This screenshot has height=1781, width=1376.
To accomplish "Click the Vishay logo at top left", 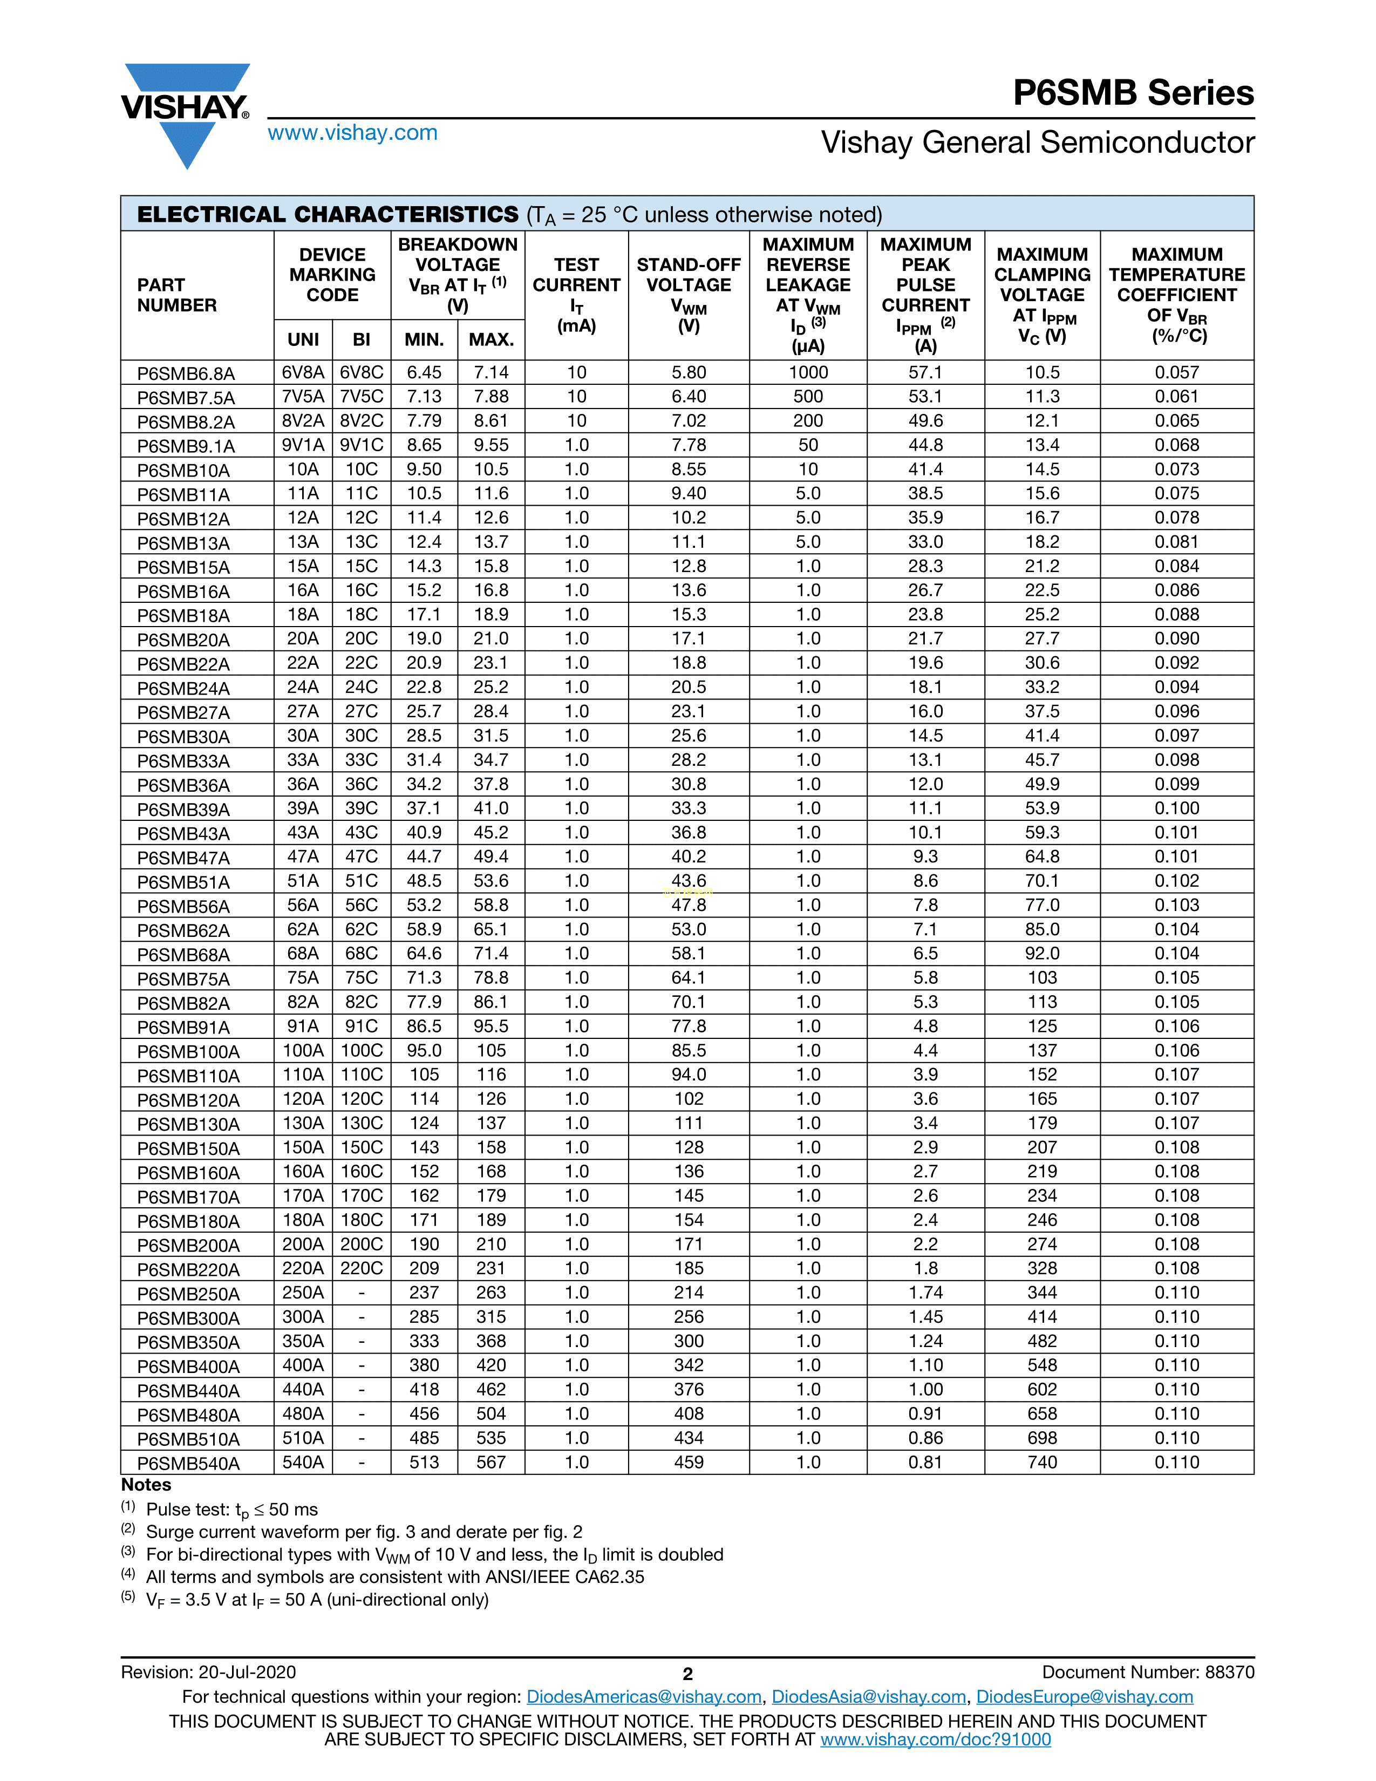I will pyautogui.click(x=186, y=114).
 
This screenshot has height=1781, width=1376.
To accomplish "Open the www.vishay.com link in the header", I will pyautogui.click(x=352, y=133).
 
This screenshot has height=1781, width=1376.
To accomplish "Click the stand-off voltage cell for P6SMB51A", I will pyautogui.click(x=689, y=881).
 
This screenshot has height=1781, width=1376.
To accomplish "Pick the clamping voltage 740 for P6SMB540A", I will pyautogui.click(x=1042, y=1462).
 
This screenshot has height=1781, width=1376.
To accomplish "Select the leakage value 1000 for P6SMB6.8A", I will pyautogui.click(x=808, y=373).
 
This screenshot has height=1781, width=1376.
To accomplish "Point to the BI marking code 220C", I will pyautogui.click(x=361, y=1268).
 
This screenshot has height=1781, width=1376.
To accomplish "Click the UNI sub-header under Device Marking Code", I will pyautogui.click(x=303, y=340).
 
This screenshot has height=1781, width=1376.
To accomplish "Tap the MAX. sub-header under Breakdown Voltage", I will pyautogui.click(x=491, y=340).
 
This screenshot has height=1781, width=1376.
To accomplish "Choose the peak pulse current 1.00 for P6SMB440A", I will pyautogui.click(x=925, y=1390).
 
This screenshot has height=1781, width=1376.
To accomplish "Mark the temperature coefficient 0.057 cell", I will pyautogui.click(x=1176, y=373).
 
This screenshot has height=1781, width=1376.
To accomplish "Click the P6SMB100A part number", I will pyautogui.click(x=188, y=1052).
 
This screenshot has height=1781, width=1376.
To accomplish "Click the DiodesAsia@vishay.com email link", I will pyautogui.click(x=868, y=1697).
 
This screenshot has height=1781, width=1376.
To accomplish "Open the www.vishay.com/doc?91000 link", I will pyautogui.click(x=935, y=1739).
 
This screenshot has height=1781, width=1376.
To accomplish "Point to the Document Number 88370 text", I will pyautogui.click(x=1148, y=1673).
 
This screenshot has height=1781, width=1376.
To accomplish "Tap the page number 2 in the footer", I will pyautogui.click(x=687, y=1674).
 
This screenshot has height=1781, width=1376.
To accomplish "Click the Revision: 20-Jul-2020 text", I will pyautogui.click(x=209, y=1673).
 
